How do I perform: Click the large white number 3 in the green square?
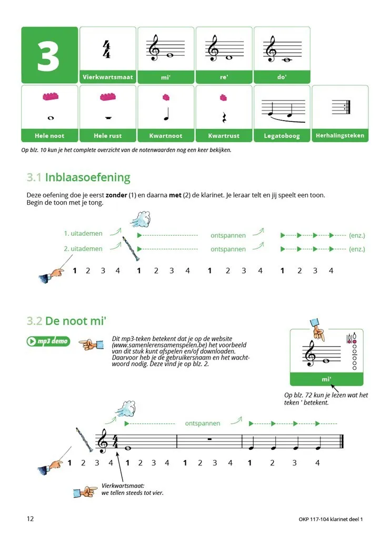coord(48,56)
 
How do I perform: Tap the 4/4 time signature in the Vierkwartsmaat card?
coord(106,49)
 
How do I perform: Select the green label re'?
coord(224,77)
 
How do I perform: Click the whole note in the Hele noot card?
coord(51,118)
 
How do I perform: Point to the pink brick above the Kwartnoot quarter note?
coord(166,97)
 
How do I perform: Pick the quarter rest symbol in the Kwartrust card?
coord(224,117)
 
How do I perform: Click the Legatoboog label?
coord(282,136)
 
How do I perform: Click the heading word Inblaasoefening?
coord(87,177)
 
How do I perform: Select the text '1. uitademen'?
coord(83,233)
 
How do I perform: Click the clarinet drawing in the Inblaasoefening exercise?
coord(128,249)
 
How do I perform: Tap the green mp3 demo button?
coord(48,341)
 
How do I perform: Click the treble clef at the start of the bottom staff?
coord(103,441)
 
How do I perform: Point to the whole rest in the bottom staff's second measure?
coord(209,439)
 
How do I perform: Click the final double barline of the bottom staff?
coord(342,442)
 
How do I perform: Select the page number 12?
coord(30,518)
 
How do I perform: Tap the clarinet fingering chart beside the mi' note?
coord(353,351)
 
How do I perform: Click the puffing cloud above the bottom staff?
coord(126,408)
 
